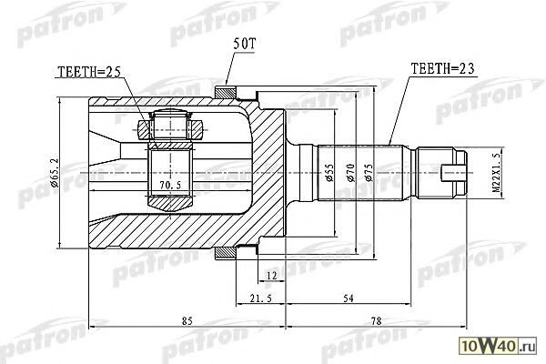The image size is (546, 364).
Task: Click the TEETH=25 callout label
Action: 89,72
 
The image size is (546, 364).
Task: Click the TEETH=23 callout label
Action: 442,68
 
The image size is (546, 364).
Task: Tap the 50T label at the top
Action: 245,44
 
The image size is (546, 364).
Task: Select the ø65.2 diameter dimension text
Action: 54,172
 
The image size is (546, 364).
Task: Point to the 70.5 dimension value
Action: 170,186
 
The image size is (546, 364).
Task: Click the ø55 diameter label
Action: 329,172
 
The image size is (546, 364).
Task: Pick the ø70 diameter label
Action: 349,172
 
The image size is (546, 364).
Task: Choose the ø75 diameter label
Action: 369,172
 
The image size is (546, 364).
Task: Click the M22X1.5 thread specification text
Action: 496,172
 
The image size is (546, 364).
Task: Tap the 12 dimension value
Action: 271,276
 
